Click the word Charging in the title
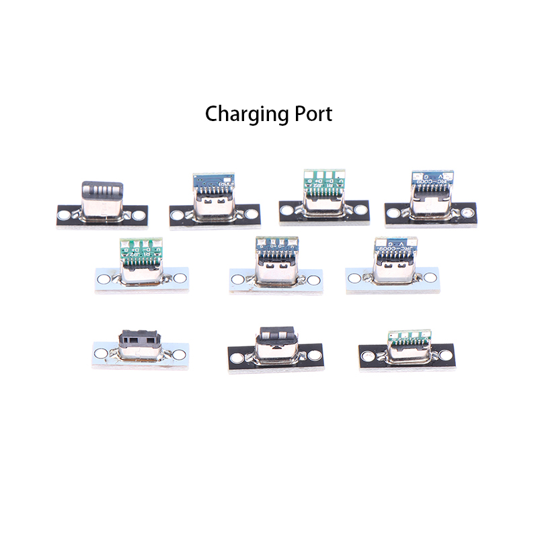pos(246,114)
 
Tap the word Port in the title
pos(311,114)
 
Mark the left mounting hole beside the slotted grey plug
pos(65,216)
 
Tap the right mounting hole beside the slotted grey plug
pos(139,216)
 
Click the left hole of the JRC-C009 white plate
pos(354,277)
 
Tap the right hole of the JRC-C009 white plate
pos(429,277)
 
